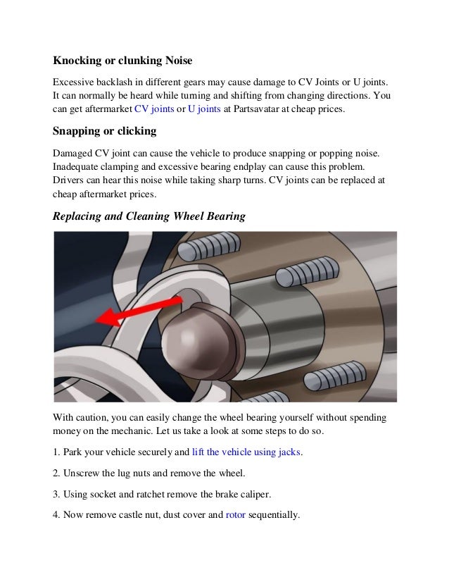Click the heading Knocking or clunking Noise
122,61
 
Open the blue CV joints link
153,110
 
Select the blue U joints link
204,110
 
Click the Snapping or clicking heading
104,131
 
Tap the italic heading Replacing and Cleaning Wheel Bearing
149,216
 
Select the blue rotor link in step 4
235,515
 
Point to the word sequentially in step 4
274,515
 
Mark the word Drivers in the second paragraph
69,180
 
